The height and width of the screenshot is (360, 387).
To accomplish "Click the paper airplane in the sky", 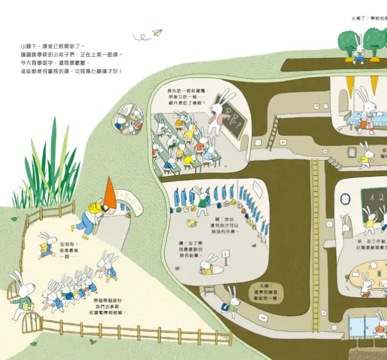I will (157, 33).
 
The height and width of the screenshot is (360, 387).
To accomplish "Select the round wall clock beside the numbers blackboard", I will (346, 199).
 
